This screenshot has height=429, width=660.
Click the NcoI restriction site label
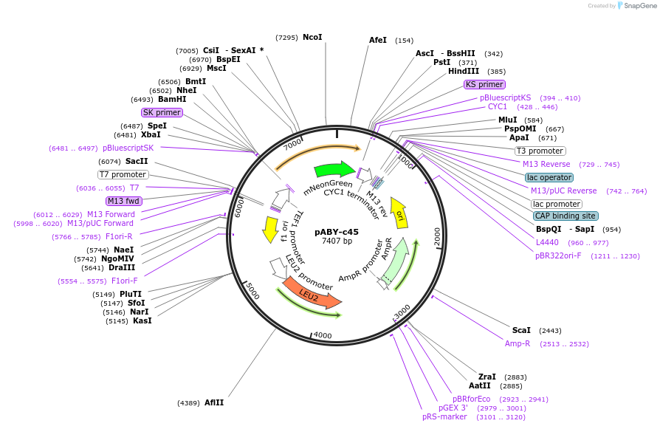(x=312, y=37)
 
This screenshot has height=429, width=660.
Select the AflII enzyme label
(x=214, y=402)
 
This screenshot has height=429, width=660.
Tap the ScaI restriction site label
(x=521, y=330)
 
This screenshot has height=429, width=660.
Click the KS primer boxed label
(x=484, y=84)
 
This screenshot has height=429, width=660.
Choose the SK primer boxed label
(x=162, y=112)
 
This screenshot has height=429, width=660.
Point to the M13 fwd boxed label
(x=123, y=201)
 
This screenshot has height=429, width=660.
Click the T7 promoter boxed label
(x=123, y=174)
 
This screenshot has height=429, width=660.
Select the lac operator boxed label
(x=549, y=177)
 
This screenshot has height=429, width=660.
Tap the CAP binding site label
(x=565, y=216)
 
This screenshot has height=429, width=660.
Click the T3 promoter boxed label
(x=540, y=151)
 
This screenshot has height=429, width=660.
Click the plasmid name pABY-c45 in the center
(x=337, y=231)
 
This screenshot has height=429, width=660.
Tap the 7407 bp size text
(x=337, y=241)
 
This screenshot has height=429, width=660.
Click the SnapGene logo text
(x=639, y=6)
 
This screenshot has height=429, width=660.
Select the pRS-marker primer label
(x=444, y=416)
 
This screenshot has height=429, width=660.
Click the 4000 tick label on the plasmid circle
(x=323, y=335)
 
